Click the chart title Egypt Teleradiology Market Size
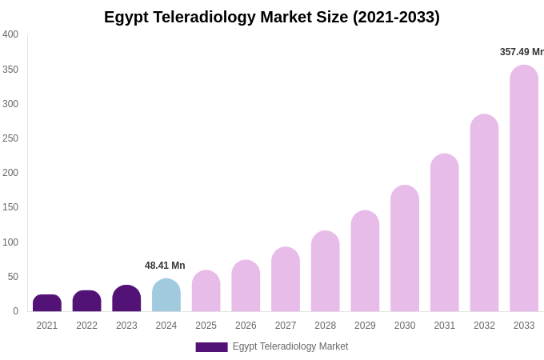[271, 17]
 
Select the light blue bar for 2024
[166, 296]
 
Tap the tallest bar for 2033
[524, 189]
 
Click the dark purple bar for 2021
[47, 303]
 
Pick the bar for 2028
[326, 272]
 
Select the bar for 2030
[405, 249]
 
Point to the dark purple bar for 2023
[126, 298]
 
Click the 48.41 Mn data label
[165, 266]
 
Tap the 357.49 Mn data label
[522, 52]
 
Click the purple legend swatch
[211, 347]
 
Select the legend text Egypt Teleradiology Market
[290, 346]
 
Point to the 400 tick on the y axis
[10, 34]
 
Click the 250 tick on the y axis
[10, 138]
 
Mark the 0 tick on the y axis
[15, 311]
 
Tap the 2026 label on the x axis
[246, 326]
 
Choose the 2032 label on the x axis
[484, 326]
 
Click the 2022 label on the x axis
[86, 326]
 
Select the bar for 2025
[206, 291]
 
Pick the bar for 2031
[445, 233]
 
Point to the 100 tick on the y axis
[10, 242]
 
